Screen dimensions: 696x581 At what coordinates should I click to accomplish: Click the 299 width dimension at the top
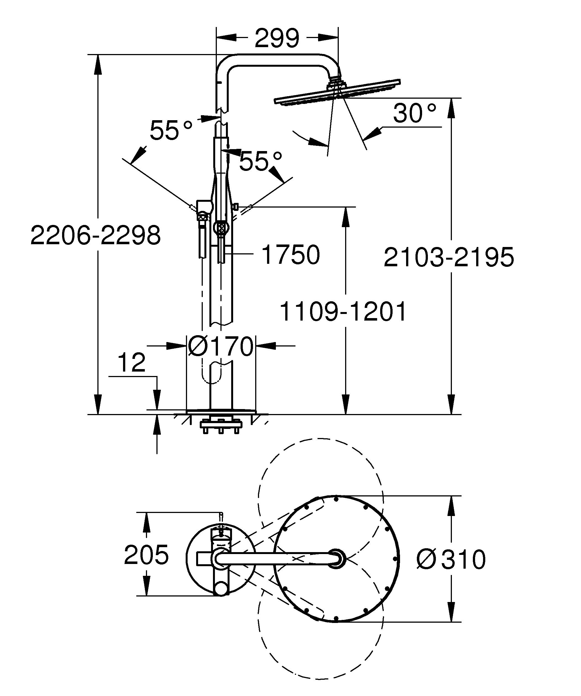(277, 38)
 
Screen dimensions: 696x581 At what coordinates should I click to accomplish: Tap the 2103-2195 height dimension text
(448, 257)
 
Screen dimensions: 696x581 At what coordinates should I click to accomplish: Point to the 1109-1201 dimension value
(343, 312)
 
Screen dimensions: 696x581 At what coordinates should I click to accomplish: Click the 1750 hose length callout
(290, 255)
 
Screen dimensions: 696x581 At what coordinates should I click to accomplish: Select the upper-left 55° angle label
(171, 130)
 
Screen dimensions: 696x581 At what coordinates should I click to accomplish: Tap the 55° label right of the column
(261, 162)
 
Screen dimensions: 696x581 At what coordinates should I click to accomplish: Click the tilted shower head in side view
(337, 93)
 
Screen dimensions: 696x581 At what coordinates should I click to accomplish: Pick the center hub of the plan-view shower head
(336, 559)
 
